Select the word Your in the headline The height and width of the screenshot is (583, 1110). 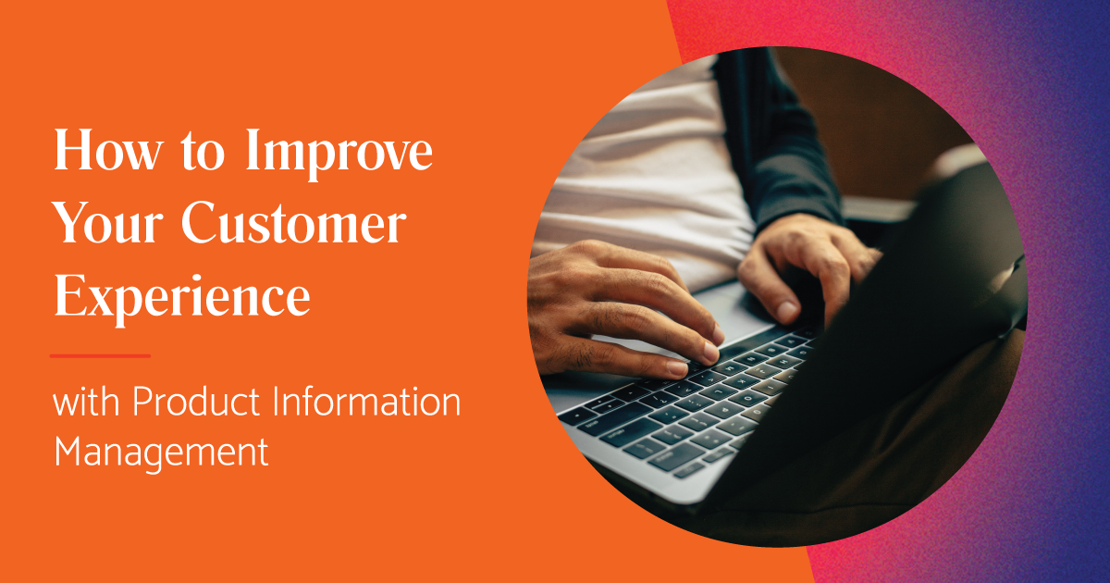point(107,227)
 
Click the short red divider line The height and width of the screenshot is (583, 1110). point(100,355)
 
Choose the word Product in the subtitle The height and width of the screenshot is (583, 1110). point(196,404)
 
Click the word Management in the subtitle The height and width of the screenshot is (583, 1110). point(161,453)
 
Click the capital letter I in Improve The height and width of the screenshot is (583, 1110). point(253,154)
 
